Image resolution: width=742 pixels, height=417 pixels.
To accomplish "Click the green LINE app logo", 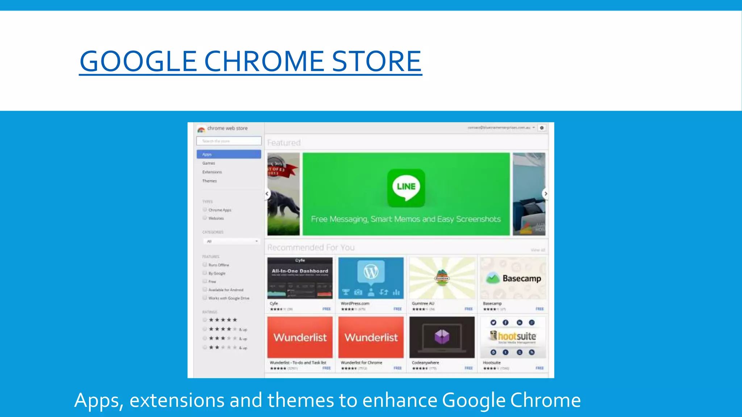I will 406,188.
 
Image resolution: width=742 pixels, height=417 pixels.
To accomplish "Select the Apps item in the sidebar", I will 229,154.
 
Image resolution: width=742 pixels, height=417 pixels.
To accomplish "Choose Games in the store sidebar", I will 209,163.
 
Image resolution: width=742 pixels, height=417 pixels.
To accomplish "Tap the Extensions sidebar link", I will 212,172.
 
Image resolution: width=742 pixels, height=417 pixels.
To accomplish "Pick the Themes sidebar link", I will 209,181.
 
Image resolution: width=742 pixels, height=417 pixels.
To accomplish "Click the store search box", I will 229,141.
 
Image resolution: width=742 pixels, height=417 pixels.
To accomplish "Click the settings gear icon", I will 542,128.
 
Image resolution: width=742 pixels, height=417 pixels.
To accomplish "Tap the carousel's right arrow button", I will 545,194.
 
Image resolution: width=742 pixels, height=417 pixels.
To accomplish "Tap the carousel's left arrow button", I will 267,194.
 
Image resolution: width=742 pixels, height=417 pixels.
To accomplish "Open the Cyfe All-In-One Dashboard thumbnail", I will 300,278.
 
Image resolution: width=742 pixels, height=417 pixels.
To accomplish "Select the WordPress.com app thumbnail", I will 371,278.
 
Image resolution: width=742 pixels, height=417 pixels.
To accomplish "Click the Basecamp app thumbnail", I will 513,278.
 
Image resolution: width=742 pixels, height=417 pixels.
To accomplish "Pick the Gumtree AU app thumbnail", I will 442,278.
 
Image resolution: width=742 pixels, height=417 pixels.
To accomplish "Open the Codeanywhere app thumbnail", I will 442,337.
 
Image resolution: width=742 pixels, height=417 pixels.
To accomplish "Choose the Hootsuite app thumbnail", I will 513,337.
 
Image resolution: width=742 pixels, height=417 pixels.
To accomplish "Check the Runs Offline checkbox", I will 205,265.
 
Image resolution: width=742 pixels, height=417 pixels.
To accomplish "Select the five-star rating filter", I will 205,320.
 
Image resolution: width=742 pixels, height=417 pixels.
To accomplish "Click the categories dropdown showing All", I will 231,241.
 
